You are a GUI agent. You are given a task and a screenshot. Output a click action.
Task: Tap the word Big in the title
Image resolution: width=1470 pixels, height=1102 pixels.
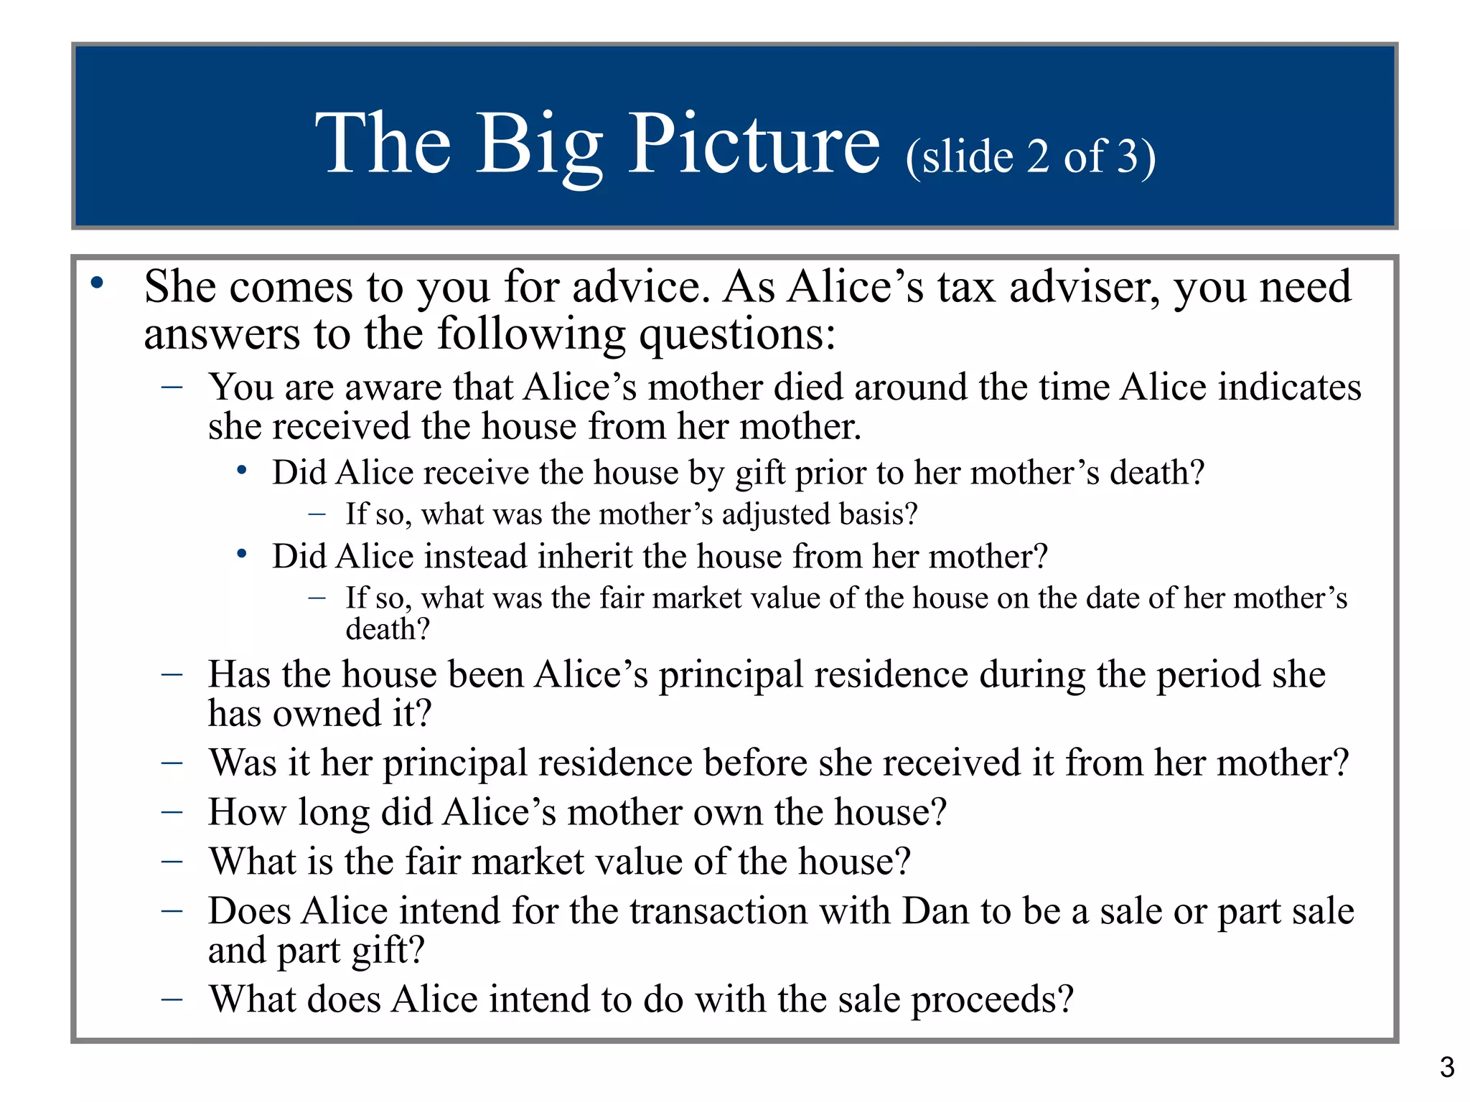[539, 147]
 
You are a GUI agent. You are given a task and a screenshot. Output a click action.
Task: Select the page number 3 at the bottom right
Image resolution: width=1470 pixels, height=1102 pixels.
[1447, 1068]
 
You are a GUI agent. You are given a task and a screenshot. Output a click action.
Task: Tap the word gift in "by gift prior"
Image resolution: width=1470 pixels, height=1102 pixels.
[761, 474]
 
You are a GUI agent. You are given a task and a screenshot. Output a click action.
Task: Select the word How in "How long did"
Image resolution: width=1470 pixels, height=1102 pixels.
[248, 812]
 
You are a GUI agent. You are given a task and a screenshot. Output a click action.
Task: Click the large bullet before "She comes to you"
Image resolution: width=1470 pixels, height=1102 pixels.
[97, 283]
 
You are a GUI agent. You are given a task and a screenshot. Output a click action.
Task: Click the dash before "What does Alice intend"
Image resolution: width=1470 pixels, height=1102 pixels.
[172, 999]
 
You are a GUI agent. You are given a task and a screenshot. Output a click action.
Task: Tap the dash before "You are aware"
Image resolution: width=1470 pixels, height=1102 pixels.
[172, 387]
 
